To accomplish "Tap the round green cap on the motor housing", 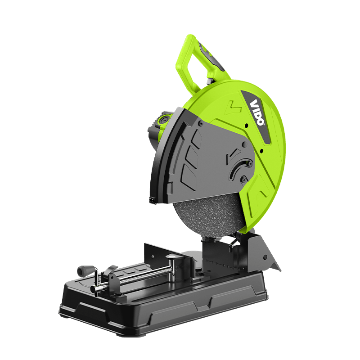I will (x=161, y=121).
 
